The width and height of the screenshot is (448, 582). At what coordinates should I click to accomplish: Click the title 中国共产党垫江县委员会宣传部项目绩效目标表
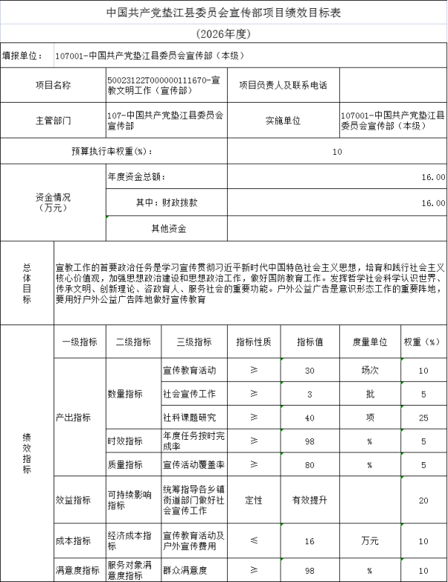[224, 13]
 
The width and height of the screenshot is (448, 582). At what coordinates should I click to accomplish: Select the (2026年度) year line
[224, 34]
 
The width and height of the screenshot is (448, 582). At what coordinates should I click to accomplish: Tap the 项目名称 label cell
[53, 85]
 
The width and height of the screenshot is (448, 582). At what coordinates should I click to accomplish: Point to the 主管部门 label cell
[53, 120]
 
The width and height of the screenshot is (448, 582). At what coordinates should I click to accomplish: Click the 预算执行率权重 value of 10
[337, 152]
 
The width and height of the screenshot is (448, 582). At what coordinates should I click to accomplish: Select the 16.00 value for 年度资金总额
[433, 178]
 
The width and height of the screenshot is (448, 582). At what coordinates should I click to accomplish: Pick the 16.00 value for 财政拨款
[433, 202]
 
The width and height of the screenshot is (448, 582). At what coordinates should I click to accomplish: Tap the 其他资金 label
[168, 228]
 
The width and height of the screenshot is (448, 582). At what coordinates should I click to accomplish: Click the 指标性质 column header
[254, 342]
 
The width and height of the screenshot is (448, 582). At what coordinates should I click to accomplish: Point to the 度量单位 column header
[369, 342]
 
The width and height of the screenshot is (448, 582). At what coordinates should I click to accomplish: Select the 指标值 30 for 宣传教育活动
[310, 370]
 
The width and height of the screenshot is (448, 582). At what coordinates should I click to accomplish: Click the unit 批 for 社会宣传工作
[369, 394]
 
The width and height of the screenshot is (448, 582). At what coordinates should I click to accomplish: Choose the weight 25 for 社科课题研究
[423, 418]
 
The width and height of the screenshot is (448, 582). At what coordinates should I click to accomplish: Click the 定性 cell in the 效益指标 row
[254, 500]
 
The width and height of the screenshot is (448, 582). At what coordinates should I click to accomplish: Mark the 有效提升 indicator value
[310, 500]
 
